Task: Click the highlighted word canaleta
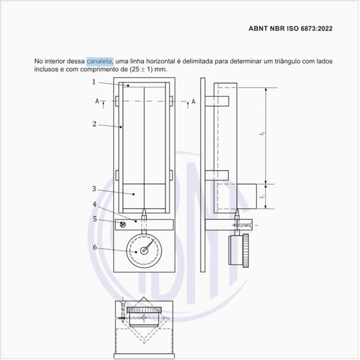coord(100,61)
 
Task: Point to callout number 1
coord(94,82)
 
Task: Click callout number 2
coord(94,123)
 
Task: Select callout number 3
coord(94,189)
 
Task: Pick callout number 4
coord(94,204)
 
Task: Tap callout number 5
coord(94,219)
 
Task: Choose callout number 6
coord(94,247)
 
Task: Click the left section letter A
coord(97,101)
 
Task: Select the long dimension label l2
coord(262,134)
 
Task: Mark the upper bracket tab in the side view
coord(217,101)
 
